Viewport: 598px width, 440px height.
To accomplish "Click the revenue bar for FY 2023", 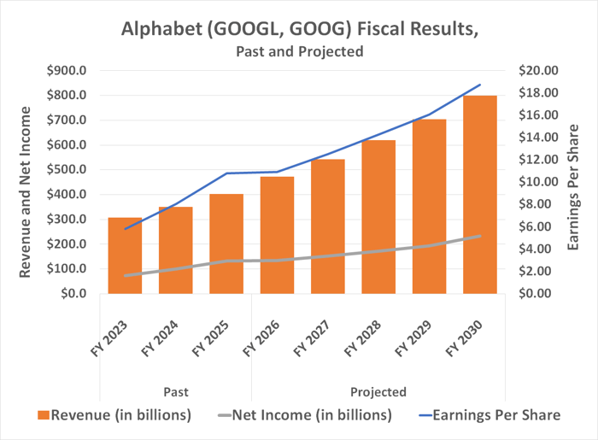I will (126, 255).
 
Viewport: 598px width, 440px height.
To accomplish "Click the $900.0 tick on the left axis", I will (67, 70).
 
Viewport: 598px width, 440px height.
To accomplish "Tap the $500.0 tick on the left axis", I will (67, 169).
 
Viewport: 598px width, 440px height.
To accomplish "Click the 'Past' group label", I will (176, 392).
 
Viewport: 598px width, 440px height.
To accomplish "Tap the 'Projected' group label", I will (378, 392).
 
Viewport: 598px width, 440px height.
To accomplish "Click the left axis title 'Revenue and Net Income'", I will (25, 191).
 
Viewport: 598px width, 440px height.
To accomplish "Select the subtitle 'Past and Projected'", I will (299, 51).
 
